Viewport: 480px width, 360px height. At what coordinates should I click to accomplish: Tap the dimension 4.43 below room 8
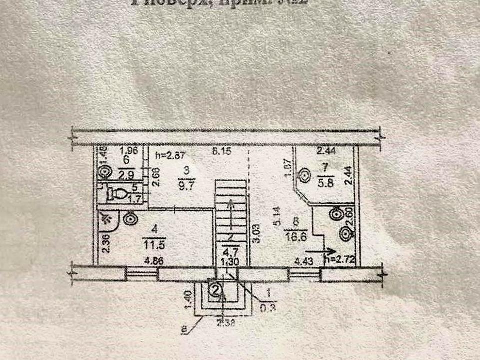(303, 260)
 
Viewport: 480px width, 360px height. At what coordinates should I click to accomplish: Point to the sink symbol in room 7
(303, 175)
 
